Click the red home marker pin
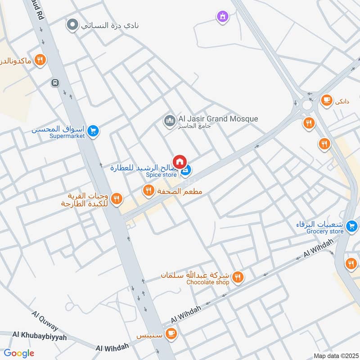tap(180, 161)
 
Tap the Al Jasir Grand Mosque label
tap(218, 119)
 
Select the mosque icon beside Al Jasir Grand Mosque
tap(170, 121)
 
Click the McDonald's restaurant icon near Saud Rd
tap(40, 60)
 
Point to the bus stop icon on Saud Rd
tap(55, 83)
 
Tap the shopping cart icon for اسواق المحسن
tap(93, 131)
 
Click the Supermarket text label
tap(67, 136)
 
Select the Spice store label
tap(161, 175)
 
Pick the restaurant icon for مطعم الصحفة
tap(148, 191)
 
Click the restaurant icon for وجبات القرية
tap(117, 198)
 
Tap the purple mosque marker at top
tap(222, 17)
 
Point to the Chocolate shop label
tap(208, 282)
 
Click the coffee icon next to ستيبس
tap(171, 333)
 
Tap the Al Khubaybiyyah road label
tap(40, 335)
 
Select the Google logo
tap(19, 353)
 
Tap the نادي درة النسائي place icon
tap(72, 25)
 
